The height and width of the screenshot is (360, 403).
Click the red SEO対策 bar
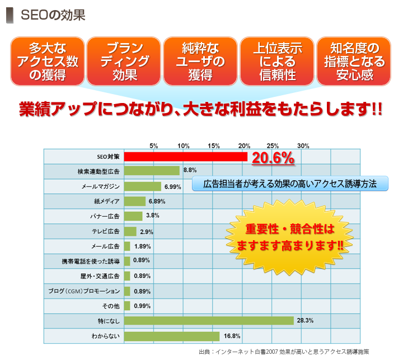point(185,156)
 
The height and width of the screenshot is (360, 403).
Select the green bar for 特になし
point(209,321)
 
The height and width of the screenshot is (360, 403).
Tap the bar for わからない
point(172,336)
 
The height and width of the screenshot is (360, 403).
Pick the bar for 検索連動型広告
point(152,171)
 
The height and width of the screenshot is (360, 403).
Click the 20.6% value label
point(273,158)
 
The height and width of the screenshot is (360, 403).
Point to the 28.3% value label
point(305,321)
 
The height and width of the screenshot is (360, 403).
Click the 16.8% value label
point(232,336)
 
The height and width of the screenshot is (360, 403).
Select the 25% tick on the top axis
point(273,146)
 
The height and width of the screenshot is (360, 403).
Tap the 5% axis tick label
point(154,146)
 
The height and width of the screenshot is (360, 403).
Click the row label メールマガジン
point(100,186)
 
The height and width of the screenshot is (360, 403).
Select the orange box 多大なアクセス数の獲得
point(46,61)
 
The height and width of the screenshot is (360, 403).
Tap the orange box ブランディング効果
point(124,61)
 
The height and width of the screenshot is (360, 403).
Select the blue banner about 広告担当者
point(289,184)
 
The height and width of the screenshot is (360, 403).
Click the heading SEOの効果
point(53,15)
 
